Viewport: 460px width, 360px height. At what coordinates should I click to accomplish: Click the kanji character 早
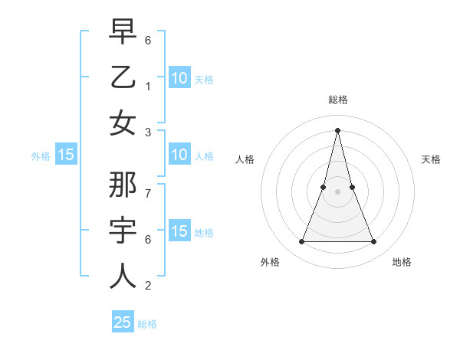[x=123, y=34]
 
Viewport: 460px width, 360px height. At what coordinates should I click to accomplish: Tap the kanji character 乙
[x=123, y=77]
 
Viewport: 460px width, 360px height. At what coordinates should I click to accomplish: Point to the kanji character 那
[x=123, y=186]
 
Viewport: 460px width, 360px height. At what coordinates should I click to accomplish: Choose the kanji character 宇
[x=123, y=231]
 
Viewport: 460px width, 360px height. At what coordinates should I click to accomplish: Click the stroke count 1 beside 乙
[x=148, y=86]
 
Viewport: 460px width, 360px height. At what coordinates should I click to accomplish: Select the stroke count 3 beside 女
[x=148, y=132]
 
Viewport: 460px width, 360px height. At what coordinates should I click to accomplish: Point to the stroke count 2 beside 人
[x=148, y=286]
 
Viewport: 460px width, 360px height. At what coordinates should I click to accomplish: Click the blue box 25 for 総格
[x=123, y=322]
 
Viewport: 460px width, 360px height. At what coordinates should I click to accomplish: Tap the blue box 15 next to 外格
[x=66, y=155]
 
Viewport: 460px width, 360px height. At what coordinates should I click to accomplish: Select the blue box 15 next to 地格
[x=179, y=231]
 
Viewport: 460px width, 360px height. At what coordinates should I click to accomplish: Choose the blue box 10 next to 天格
[x=179, y=77]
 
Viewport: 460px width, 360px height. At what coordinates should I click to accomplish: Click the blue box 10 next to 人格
[x=179, y=155]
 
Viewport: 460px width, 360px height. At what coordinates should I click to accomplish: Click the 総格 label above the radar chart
[x=338, y=100]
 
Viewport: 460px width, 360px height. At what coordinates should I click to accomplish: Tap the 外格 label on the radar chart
[x=270, y=262]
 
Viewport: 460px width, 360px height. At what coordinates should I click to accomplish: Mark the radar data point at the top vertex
[x=337, y=129]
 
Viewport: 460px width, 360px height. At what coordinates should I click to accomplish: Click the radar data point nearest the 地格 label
[x=374, y=242]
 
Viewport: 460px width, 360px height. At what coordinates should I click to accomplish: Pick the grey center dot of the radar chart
[x=337, y=191]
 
